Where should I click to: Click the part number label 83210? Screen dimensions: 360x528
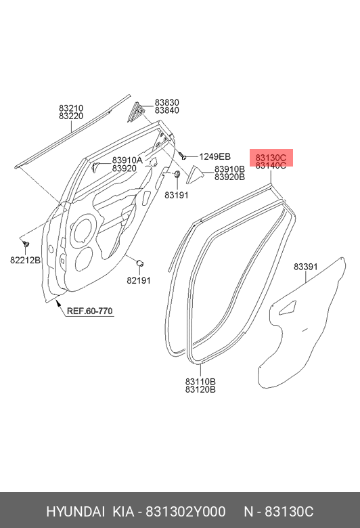click(71, 108)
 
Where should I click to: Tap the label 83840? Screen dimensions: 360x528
click(166, 110)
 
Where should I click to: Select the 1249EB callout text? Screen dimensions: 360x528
click(215, 156)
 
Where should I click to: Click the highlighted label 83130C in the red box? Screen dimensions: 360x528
click(271, 158)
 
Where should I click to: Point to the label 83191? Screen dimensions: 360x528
click(177, 195)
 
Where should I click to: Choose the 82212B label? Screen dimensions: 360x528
click(25, 260)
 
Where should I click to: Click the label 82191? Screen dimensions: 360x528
click(139, 280)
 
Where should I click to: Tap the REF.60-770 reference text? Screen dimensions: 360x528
click(89, 311)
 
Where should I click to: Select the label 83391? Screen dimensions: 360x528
click(306, 266)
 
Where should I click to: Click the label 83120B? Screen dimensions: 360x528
click(200, 390)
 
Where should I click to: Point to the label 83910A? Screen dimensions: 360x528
click(127, 160)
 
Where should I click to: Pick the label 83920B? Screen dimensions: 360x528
click(229, 177)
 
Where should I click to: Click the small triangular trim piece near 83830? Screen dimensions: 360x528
click(135, 112)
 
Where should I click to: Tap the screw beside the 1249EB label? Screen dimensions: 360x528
click(183, 156)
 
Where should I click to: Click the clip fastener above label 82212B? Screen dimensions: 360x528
click(26, 243)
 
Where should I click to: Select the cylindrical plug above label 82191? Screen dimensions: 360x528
click(139, 263)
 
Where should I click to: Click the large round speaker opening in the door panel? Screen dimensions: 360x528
click(82, 230)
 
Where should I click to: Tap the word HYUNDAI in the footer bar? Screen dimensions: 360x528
click(75, 512)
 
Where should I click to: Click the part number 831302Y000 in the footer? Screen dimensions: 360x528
click(185, 512)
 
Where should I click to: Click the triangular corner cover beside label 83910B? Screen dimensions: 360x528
click(195, 175)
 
